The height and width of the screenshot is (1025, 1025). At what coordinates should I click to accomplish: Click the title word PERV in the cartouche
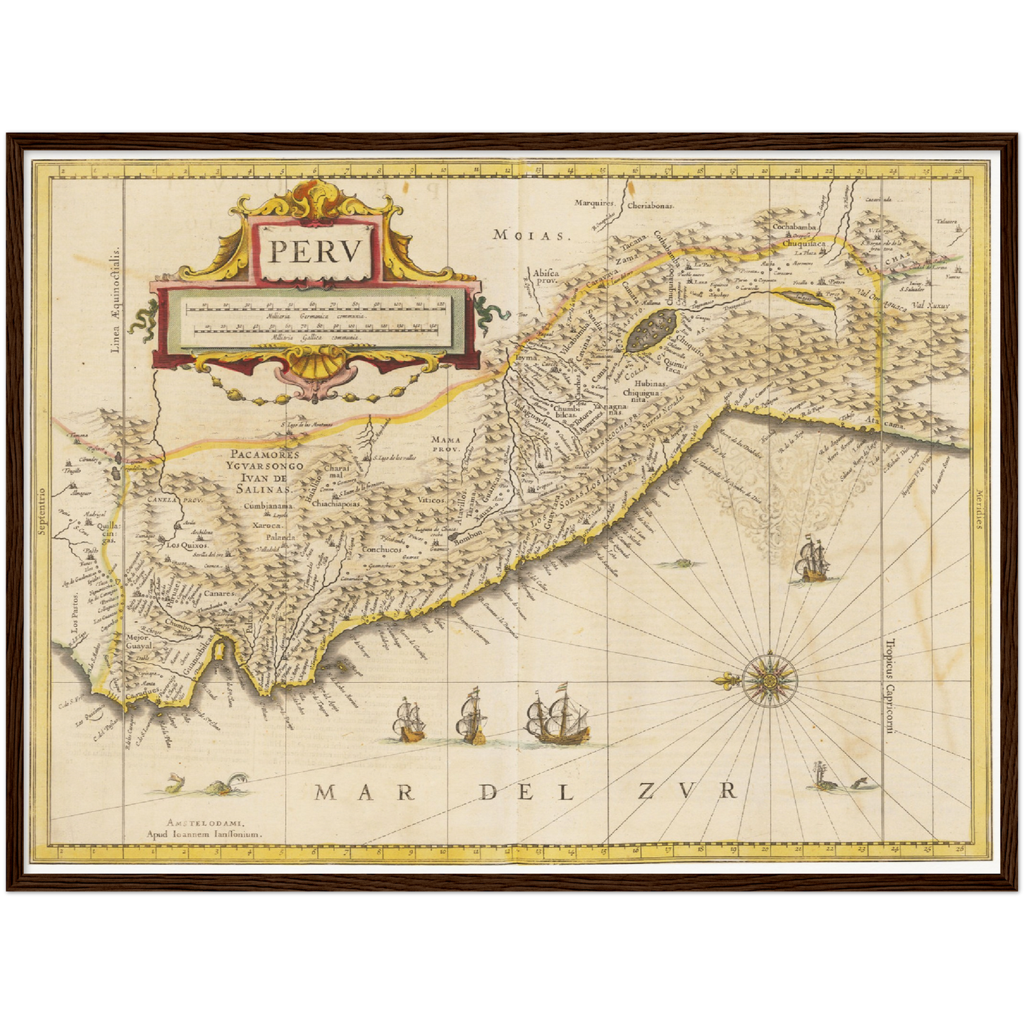(316, 252)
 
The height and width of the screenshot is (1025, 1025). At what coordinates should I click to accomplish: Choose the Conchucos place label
(382, 549)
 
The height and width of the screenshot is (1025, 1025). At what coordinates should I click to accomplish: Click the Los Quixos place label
(186, 546)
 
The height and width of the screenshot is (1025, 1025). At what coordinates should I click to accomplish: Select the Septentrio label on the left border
(42, 511)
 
